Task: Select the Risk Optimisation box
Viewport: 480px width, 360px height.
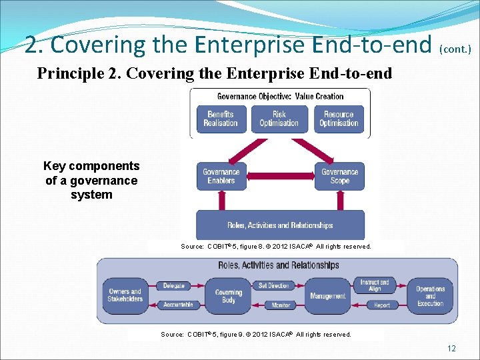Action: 279,119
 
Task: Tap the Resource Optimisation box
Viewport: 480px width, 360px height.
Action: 339,119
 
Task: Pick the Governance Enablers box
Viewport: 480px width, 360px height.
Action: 221,176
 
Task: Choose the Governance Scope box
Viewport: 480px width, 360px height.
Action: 340,176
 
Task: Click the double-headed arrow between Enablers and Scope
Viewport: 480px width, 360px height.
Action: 281,176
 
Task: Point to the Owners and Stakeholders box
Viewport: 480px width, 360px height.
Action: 125,295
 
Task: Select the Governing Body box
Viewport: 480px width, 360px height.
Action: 229,296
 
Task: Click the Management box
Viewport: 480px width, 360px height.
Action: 328,296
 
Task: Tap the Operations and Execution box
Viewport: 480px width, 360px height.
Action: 430,296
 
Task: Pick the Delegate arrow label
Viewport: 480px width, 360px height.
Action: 174,286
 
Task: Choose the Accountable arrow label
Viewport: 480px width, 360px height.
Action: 178,305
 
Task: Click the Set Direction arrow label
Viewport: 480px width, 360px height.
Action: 273,286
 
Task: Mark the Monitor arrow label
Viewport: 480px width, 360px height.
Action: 281,305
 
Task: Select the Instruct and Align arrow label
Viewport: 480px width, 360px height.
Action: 375,285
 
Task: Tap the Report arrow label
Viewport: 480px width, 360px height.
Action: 382,305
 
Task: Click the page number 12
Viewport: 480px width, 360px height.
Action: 451,349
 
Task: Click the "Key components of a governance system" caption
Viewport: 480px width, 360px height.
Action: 91,181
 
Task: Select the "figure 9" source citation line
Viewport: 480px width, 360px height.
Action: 256,335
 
